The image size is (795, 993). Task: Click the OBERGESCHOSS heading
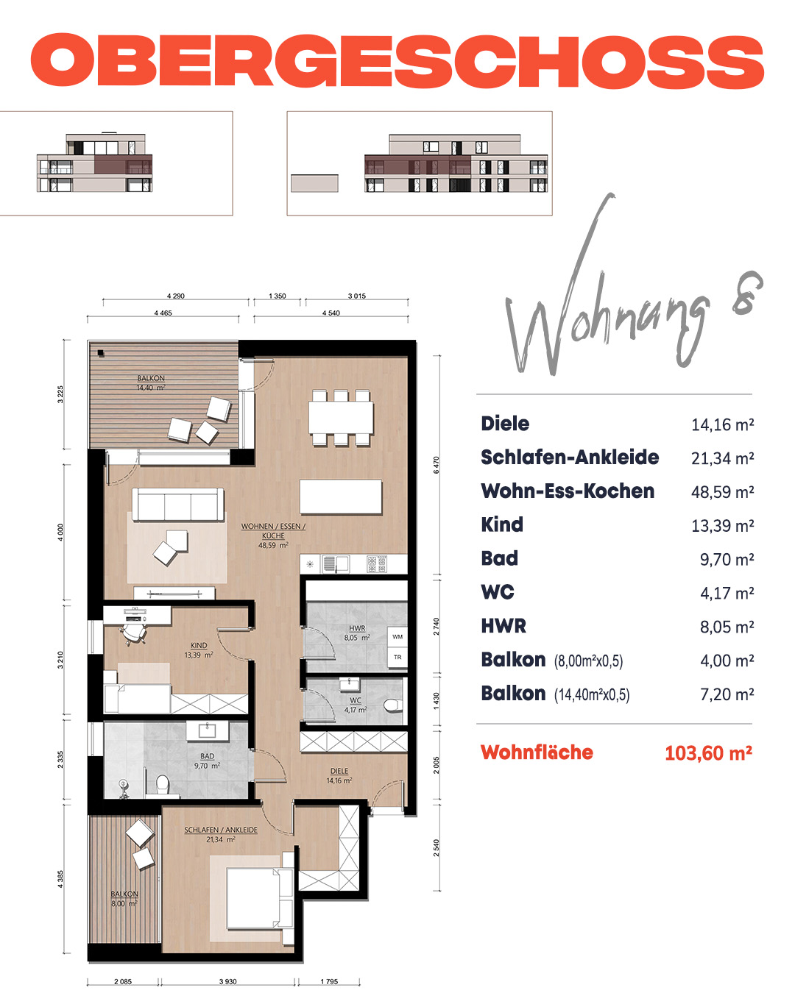(x=397, y=60)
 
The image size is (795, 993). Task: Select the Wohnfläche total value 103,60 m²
(x=708, y=753)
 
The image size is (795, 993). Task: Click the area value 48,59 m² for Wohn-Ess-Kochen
(x=722, y=492)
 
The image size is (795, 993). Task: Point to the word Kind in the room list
(x=502, y=524)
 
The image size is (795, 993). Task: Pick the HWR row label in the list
(x=503, y=626)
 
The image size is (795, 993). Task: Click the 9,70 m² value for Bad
(x=727, y=559)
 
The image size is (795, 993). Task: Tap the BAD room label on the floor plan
(x=207, y=756)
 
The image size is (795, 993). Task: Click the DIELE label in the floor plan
(x=339, y=771)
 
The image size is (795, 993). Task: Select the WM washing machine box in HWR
(x=397, y=637)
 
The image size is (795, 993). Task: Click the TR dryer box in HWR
(x=397, y=657)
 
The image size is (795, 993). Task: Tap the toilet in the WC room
(x=392, y=705)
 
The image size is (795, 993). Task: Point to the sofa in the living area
(x=178, y=504)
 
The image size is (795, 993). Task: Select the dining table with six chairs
(x=341, y=418)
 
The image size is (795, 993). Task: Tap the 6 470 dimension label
(x=437, y=465)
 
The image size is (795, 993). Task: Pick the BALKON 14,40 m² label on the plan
(x=151, y=383)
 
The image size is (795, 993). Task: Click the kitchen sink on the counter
(x=336, y=563)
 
